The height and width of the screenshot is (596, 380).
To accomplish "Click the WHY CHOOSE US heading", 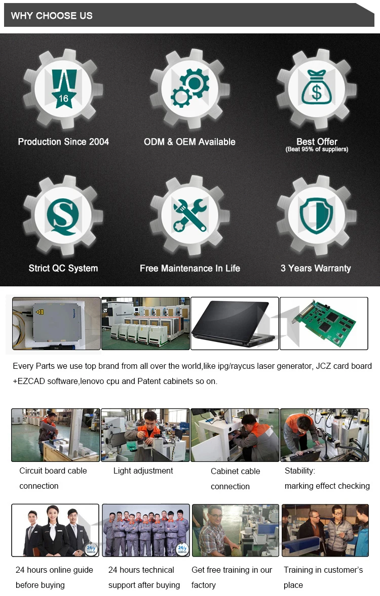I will tap(52, 16).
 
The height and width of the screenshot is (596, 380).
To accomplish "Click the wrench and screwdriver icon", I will tap(189, 215).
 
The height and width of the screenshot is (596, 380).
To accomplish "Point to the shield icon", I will tap(316, 216).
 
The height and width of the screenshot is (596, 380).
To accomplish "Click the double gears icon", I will tap(189, 89).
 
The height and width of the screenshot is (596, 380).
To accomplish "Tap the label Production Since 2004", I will tap(63, 142).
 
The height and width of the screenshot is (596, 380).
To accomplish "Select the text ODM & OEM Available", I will tap(189, 142).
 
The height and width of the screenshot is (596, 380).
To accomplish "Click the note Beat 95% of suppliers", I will tap(317, 150).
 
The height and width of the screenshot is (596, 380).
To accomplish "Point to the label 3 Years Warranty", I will tap(316, 268).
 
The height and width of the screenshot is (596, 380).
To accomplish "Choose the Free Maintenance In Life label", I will tap(189, 268).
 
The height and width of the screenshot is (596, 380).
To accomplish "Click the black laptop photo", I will tap(234, 323).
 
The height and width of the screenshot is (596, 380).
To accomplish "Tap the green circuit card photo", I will tap(324, 323).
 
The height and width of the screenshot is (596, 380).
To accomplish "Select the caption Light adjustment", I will tap(143, 471).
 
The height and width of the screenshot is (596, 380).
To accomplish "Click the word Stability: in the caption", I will tap(299, 471).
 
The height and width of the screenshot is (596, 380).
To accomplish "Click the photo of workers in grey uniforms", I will tap(146, 530).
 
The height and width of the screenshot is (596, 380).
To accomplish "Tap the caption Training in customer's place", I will tap(323, 577).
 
